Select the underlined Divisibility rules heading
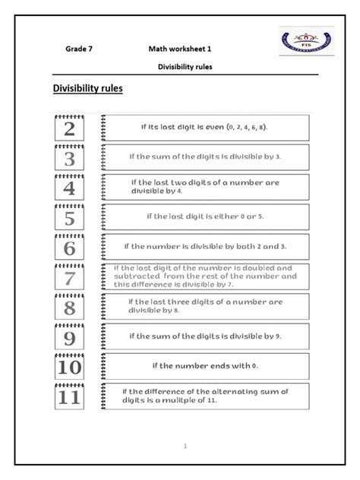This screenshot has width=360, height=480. point(87,89)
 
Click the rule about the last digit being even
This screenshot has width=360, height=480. point(205,127)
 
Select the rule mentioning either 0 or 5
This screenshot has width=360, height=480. point(205,216)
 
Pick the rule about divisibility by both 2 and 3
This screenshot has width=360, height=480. point(205,247)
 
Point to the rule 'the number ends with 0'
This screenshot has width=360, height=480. point(205,366)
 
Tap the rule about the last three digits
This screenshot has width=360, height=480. point(205,306)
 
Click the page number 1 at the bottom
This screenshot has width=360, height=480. point(185,446)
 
